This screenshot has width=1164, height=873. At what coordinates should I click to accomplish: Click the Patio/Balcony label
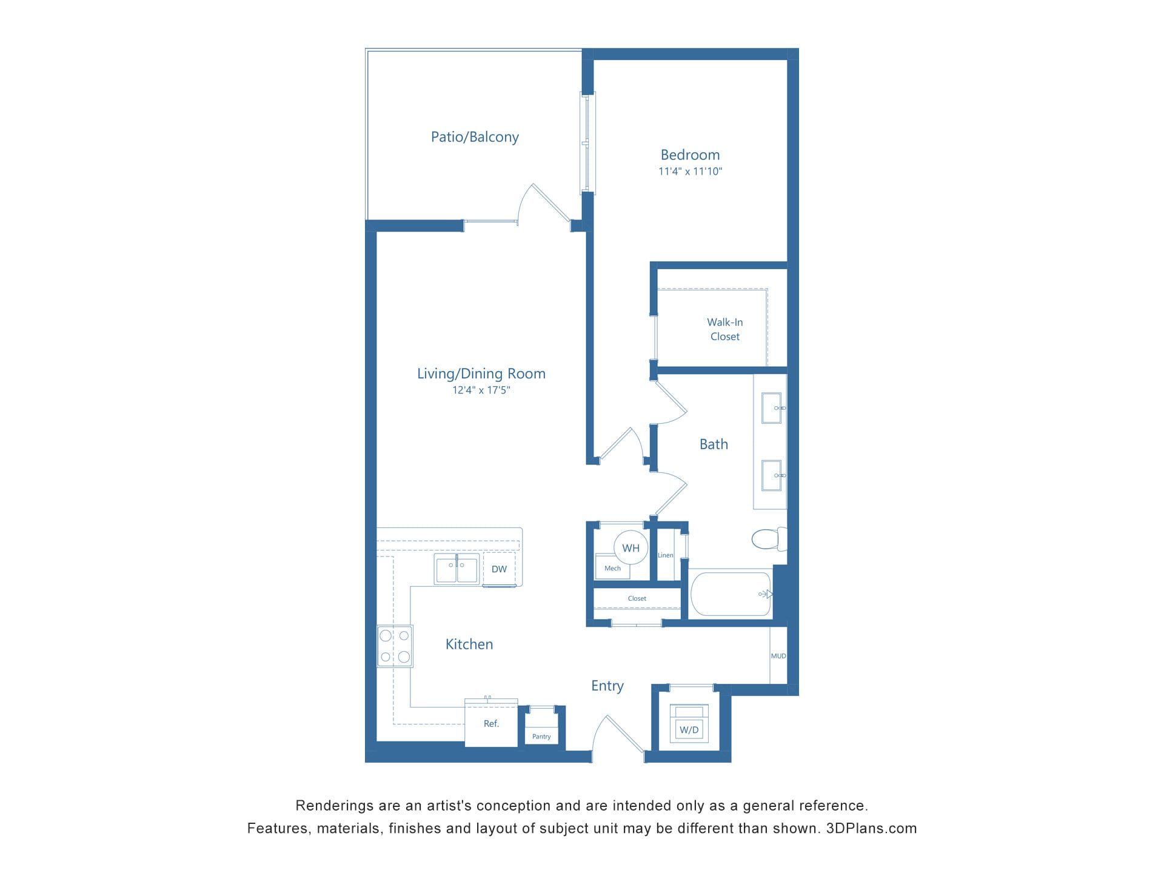click(x=475, y=137)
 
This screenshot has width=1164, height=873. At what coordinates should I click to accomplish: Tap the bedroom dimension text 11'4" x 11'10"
click(x=690, y=172)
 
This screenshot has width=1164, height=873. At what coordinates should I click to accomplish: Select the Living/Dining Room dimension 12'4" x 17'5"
click(x=481, y=390)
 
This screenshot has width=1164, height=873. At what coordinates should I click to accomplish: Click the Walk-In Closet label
click(x=724, y=329)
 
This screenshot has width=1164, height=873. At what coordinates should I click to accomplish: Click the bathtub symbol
click(x=731, y=594)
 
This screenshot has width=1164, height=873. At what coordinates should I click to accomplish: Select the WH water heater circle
click(x=630, y=548)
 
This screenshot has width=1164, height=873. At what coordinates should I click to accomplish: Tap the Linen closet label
click(x=665, y=555)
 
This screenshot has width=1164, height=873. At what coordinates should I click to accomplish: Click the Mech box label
click(x=612, y=568)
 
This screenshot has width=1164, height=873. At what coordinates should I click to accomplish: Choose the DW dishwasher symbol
click(x=499, y=569)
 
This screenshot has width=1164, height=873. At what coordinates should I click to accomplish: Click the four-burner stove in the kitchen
click(x=395, y=646)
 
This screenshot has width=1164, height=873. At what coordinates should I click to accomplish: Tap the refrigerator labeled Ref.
click(x=491, y=723)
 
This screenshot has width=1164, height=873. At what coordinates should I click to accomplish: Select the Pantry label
click(x=541, y=737)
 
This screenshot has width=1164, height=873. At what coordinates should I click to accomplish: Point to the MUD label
click(x=778, y=656)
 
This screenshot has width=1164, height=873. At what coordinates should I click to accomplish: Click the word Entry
click(x=607, y=686)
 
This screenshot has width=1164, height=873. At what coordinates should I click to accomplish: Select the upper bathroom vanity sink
click(x=771, y=408)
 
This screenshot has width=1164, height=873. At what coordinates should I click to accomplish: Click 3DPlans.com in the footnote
click(x=871, y=828)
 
